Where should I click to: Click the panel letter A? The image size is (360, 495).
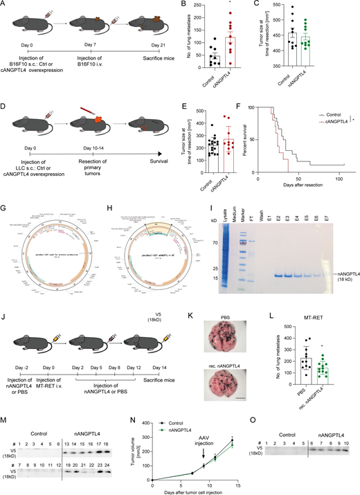point(5,6)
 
